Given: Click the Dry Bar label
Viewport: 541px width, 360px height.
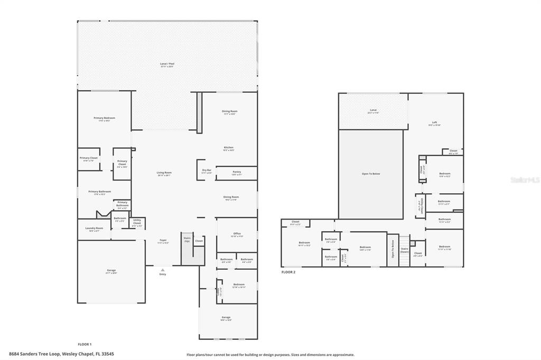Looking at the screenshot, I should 207,171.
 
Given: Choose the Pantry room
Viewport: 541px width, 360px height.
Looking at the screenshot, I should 236,173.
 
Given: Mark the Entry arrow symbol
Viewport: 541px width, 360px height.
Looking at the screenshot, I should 163,270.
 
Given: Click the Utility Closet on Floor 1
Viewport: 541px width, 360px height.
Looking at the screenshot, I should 137,223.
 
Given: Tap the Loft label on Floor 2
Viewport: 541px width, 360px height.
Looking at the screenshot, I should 434,124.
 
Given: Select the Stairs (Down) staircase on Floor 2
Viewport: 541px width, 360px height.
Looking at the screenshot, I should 404,250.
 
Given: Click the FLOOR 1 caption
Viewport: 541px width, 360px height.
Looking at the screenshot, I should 84,344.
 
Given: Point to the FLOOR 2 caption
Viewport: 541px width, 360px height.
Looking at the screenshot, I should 288,272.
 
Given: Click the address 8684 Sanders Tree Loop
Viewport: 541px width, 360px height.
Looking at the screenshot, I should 61,354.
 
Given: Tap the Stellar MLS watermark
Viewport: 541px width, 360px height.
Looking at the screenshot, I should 525,180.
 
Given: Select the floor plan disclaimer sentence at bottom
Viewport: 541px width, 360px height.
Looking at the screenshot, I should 270,355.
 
